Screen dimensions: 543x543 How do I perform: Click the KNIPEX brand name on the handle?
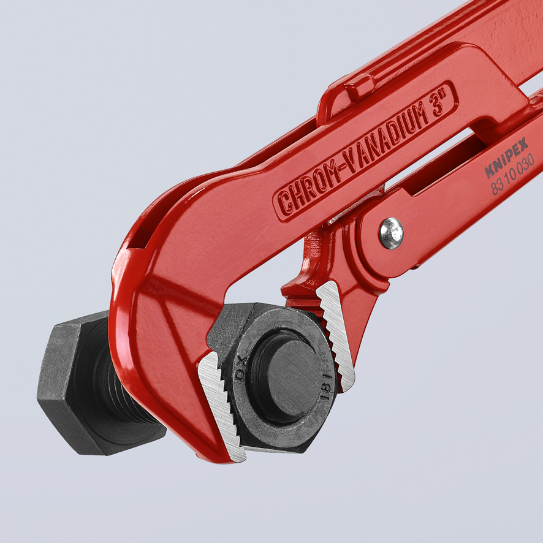click(507, 158)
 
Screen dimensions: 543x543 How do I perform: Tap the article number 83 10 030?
click(512, 177)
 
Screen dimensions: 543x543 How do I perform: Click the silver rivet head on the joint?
click(392, 233)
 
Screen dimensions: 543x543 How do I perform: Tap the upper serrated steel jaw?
click(336, 332)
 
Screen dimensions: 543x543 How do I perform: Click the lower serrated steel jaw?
click(221, 405)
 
